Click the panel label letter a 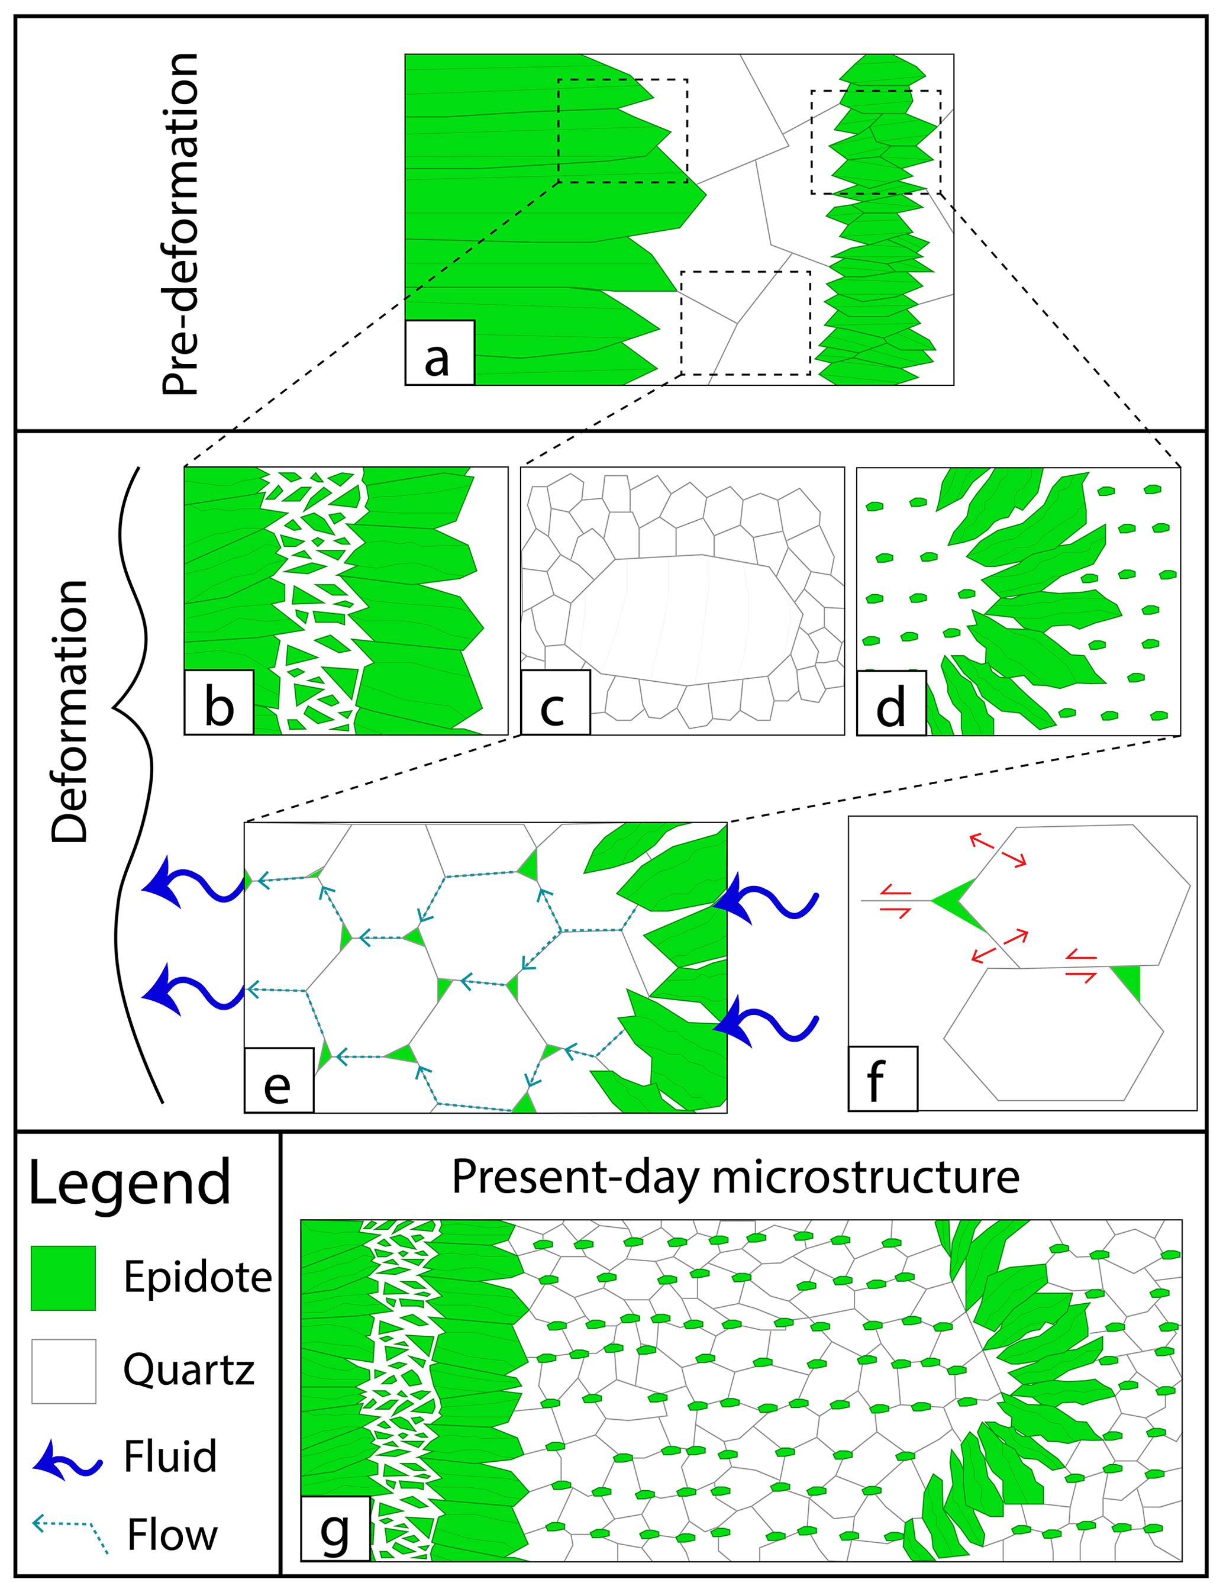437,358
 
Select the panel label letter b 219,707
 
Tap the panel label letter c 553,707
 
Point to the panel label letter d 890,707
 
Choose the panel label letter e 277,1085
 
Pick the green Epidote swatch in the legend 63,1278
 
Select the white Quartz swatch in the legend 63,1371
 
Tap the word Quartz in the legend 189,1370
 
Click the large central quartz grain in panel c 685,618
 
